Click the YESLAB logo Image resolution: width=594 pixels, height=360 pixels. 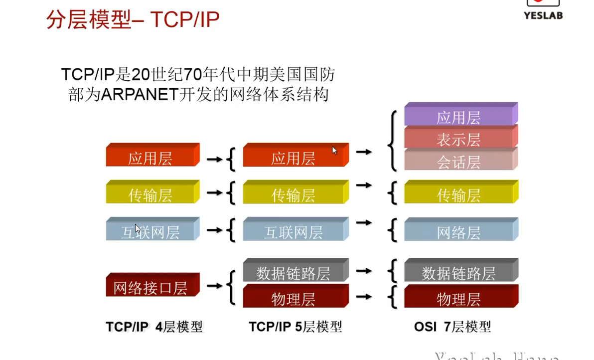click(x=543, y=9)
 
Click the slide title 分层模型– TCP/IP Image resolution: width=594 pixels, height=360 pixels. click(x=133, y=20)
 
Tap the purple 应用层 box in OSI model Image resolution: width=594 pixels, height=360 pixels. click(x=459, y=117)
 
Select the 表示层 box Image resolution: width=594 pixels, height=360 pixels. click(x=459, y=139)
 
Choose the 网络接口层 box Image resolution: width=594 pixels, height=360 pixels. click(x=150, y=287)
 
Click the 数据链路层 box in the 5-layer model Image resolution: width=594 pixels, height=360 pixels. click(x=294, y=273)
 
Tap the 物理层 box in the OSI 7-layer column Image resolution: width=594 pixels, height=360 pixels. click(x=459, y=299)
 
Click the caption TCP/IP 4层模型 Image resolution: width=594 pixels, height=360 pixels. click(x=154, y=327)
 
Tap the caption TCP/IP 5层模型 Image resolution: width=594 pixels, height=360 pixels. click(x=295, y=327)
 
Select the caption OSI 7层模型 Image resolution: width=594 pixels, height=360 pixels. click(x=452, y=327)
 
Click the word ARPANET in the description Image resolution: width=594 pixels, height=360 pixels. click(x=140, y=94)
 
